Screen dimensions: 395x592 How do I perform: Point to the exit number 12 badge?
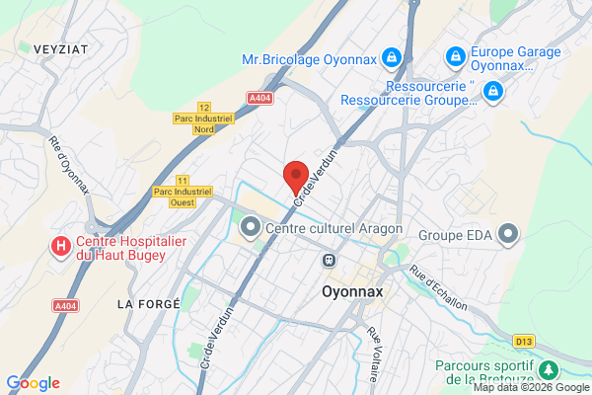204,107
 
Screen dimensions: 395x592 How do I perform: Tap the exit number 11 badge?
182,180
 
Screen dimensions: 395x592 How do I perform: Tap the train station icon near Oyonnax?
329,260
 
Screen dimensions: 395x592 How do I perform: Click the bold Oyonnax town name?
353,292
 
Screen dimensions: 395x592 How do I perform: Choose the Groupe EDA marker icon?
508,234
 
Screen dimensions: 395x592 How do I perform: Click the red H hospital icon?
61,244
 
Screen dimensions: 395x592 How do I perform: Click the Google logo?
33,383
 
